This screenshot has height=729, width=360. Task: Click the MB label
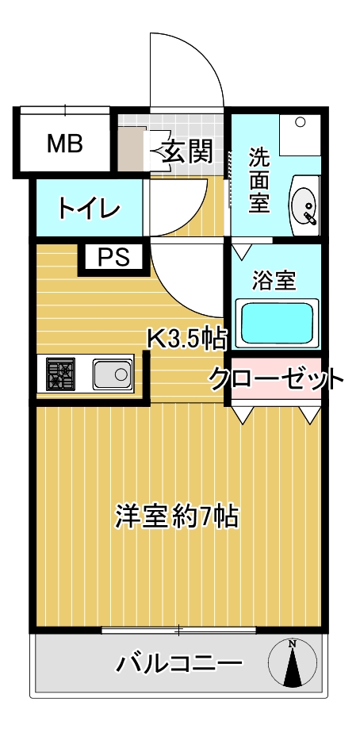pos(64,144)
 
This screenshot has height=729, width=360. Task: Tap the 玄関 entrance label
pos(187,151)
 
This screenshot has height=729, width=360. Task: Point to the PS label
pos(114,257)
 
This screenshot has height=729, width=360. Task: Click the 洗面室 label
pos(259,180)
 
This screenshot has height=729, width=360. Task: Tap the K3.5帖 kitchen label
pos(187,339)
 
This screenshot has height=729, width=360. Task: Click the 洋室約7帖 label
pos(177,516)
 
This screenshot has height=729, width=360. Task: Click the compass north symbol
pos(293,663)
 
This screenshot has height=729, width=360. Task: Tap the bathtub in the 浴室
pos(278,323)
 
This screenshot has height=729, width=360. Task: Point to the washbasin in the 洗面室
pos(304,205)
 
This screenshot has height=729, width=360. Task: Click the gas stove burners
pos(60,374)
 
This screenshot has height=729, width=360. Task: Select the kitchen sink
pos(112,374)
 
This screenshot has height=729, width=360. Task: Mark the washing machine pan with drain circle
pos(300,135)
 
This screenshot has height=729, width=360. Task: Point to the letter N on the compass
pos(293,644)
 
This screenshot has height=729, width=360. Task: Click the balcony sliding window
pos(179,631)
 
